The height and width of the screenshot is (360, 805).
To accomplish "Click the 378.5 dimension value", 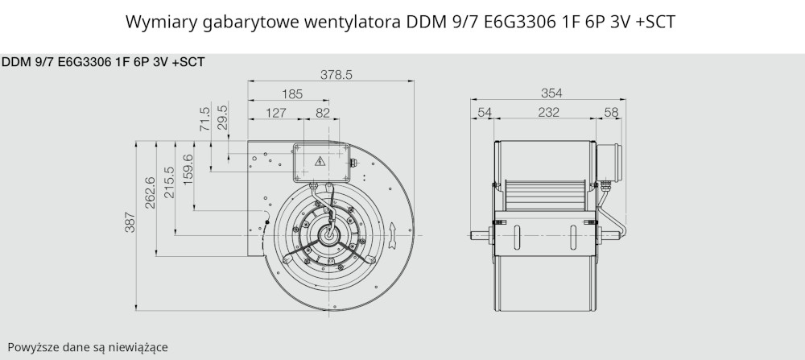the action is [336, 75].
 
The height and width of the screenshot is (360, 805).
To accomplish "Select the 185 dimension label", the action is [292, 94].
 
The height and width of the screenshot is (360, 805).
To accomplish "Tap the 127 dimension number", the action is [275, 113].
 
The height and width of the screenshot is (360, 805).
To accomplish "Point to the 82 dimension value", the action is [323, 113].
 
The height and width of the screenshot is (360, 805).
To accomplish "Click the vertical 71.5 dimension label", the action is [204, 118].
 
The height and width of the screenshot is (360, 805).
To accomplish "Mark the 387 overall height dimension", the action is [130, 221].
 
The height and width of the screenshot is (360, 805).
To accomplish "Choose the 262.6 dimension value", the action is [150, 192].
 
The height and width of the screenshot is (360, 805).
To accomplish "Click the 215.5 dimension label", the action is [169, 182].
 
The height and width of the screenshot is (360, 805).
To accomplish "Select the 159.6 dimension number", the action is [188, 169].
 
